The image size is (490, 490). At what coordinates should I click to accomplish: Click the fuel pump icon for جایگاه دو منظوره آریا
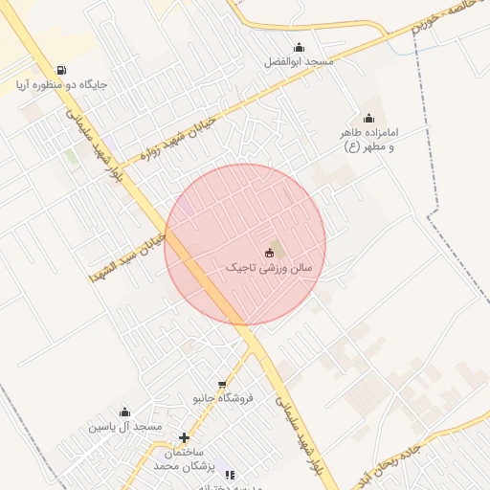coord(61,70)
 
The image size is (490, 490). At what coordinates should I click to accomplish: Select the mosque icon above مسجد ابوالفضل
coord(299,48)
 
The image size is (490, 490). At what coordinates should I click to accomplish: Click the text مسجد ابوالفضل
coord(299,62)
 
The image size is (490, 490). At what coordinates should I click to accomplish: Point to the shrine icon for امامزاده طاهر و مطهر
coord(369,119)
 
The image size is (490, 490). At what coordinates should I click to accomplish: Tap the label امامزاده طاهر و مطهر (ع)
coord(368,140)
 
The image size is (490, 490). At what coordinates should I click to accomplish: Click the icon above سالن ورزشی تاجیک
coord(269,254)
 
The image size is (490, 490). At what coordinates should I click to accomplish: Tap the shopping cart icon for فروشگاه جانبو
coord(222,384)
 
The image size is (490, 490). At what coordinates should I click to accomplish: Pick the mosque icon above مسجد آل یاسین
coord(124,412)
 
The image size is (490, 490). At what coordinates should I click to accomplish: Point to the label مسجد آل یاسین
coord(125,426)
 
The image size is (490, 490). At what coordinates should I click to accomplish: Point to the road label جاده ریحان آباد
coord(450,450)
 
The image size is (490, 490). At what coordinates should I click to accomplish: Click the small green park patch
coord(72,157)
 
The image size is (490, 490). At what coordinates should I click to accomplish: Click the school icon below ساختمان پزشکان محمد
coord(229,474)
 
